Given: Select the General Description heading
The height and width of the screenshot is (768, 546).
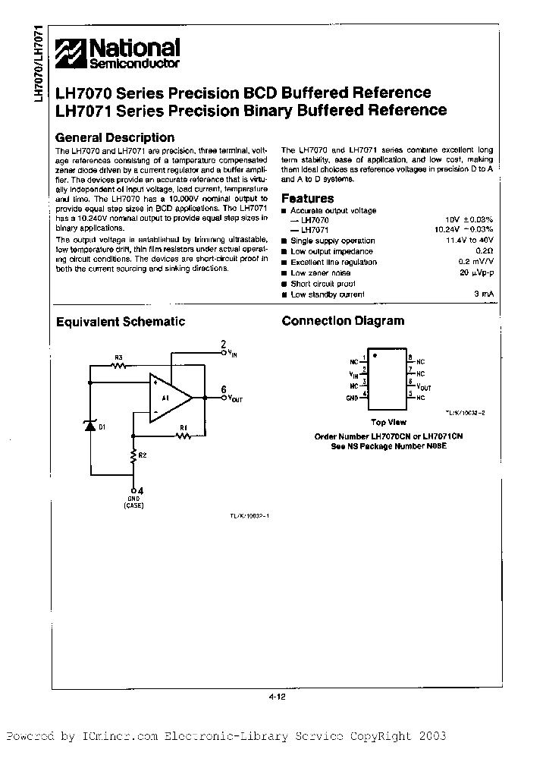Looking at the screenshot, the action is [x=115, y=137].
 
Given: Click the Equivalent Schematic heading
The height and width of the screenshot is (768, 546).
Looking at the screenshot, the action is [x=121, y=321].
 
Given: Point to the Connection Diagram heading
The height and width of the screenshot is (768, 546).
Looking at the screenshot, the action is [x=343, y=321].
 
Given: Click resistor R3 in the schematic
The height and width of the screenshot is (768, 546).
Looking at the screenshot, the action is [x=118, y=365].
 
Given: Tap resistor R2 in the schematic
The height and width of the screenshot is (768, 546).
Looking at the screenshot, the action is [x=134, y=457].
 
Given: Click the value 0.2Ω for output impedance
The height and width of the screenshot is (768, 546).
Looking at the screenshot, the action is [x=485, y=251].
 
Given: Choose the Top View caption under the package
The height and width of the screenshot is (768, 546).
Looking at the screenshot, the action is [x=388, y=422].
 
